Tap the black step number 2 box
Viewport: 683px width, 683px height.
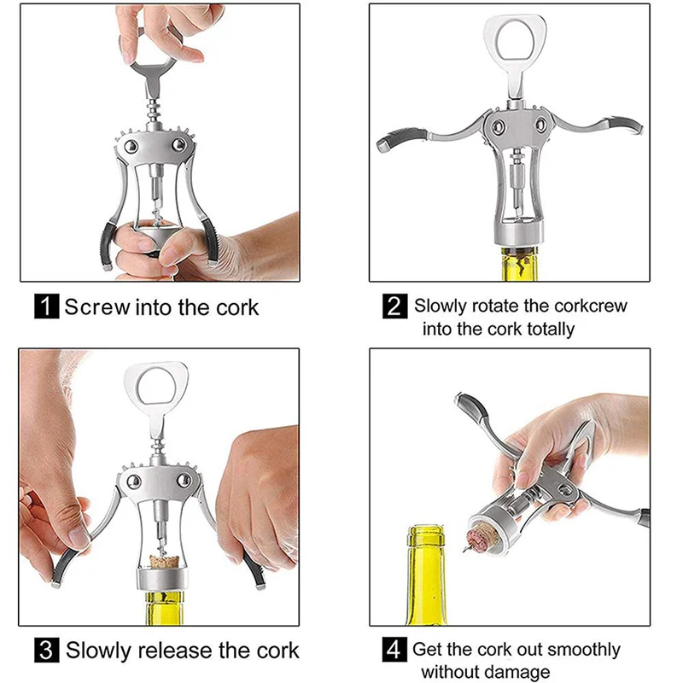[x=394, y=306]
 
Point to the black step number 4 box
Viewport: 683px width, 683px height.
[x=394, y=650]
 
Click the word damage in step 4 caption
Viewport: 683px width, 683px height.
[x=515, y=672]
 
